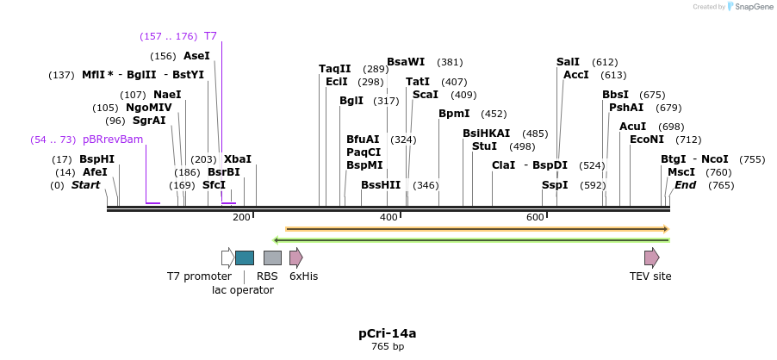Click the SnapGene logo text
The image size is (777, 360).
(x=751, y=7)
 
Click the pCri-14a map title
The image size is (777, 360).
(x=388, y=333)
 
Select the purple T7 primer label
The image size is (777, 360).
(x=210, y=36)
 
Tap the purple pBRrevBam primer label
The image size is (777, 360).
(x=113, y=140)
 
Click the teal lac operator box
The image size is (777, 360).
(x=245, y=258)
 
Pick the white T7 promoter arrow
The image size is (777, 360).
(x=227, y=258)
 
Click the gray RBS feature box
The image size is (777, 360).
(x=272, y=258)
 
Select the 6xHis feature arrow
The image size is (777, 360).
(x=295, y=258)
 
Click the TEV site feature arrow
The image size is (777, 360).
(x=651, y=258)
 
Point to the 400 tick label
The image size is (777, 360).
(x=388, y=217)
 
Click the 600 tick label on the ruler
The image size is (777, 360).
(x=535, y=217)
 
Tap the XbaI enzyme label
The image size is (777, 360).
(x=238, y=159)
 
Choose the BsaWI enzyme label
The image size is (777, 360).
(x=406, y=62)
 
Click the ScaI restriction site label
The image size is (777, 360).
(x=426, y=95)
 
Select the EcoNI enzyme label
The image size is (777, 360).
(x=647, y=140)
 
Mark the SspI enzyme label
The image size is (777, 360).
(x=555, y=185)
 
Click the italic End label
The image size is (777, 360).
(x=685, y=185)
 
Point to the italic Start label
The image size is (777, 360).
(x=85, y=185)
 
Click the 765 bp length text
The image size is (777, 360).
(x=388, y=347)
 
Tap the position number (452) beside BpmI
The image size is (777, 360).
(x=494, y=114)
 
